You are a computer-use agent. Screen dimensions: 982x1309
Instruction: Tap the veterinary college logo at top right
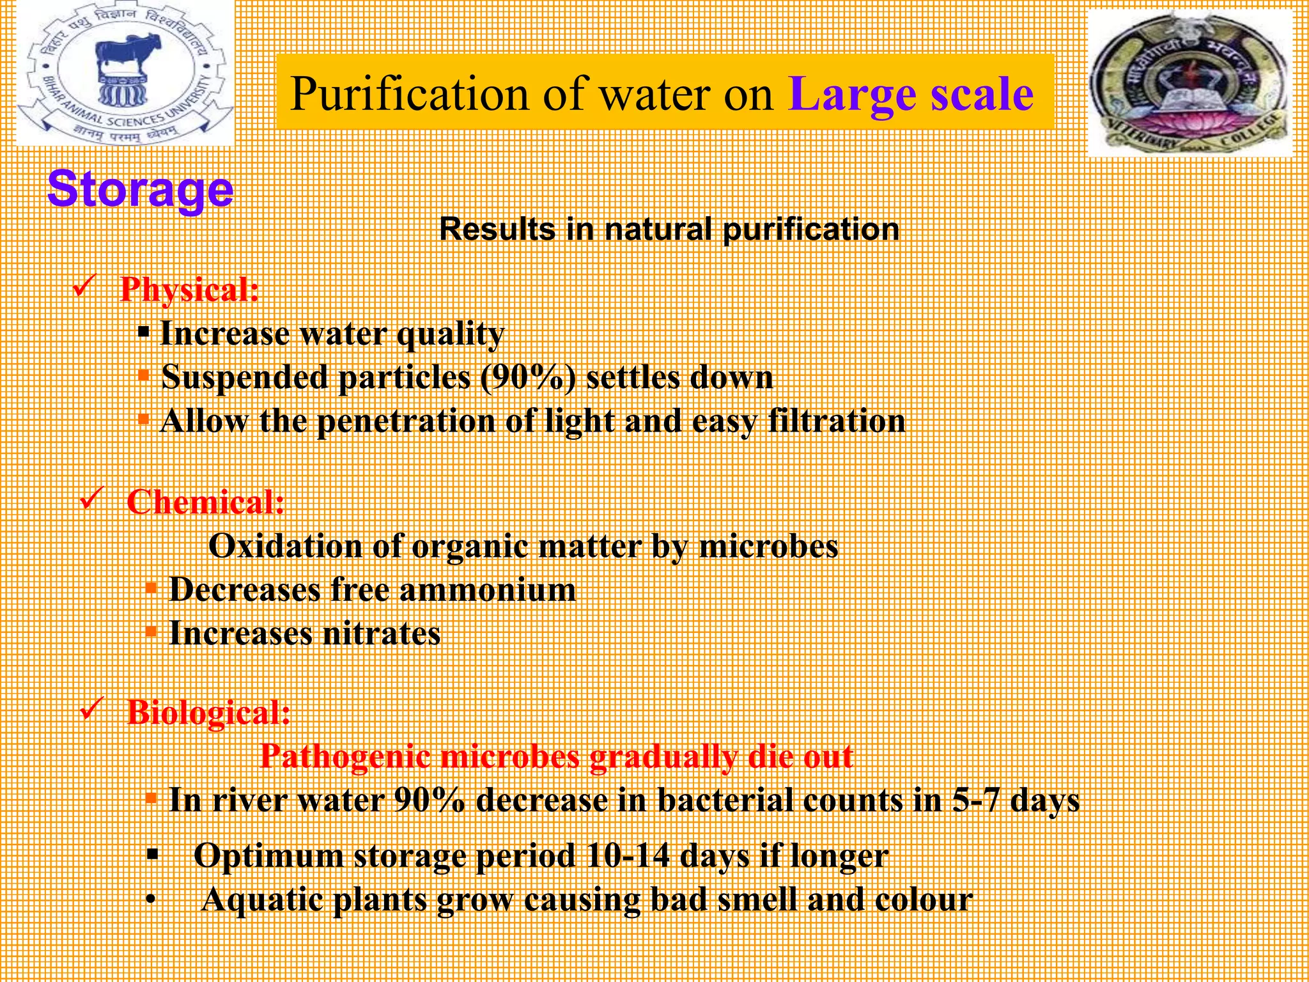1190,83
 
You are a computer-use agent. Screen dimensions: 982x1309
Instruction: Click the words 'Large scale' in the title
911,95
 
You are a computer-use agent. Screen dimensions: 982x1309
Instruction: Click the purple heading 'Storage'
141,189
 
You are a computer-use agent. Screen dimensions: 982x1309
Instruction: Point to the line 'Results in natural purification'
669,230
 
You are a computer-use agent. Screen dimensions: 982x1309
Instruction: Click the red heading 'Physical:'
190,289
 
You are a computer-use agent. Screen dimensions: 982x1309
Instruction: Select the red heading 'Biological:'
209,712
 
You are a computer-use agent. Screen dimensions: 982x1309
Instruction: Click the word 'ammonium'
487,589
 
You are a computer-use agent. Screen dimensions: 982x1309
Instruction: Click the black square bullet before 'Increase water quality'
144,332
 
